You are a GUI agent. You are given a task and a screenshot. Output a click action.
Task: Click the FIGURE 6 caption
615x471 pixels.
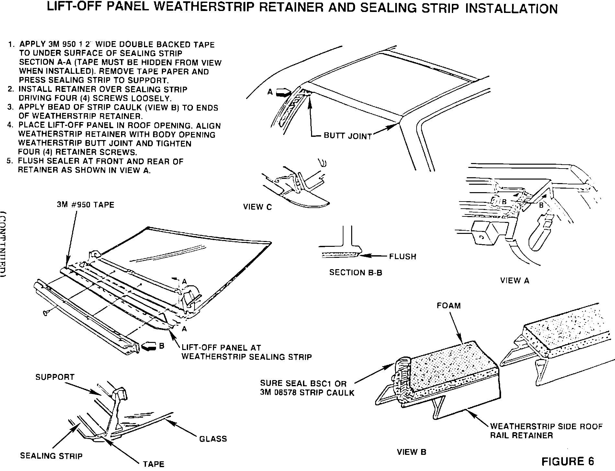click(x=568, y=461)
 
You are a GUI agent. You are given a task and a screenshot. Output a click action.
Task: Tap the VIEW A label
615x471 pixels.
click(x=515, y=281)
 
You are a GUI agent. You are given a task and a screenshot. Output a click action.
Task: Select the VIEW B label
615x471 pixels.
click(x=412, y=452)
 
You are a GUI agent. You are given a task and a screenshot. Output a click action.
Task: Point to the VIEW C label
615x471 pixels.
click(x=258, y=207)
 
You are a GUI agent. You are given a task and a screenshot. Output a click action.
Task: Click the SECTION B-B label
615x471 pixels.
click(x=356, y=273)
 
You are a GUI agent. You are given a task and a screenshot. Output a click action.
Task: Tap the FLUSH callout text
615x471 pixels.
click(x=402, y=257)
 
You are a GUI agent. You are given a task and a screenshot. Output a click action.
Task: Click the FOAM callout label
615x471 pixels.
click(x=449, y=306)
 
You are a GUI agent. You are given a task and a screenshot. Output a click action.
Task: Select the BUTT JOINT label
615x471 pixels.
click(x=348, y=136)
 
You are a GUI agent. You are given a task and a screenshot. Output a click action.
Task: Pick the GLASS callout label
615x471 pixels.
click(x=213, y=439)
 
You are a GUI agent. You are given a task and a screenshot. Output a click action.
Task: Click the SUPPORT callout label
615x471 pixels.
click(x=55, y=377)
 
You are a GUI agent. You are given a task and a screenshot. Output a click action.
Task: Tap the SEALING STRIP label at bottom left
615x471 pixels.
click(x=51, y=456)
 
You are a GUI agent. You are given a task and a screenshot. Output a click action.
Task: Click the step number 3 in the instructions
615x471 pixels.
click(x=10, y=107)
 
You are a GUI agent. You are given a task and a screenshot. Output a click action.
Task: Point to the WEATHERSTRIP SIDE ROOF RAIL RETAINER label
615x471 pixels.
click(x=546, y=431)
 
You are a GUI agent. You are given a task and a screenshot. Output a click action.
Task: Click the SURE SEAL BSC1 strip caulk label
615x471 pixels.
click(x=307, y=388)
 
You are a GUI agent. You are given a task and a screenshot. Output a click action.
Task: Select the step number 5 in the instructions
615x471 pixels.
click(x=9, y=161)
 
